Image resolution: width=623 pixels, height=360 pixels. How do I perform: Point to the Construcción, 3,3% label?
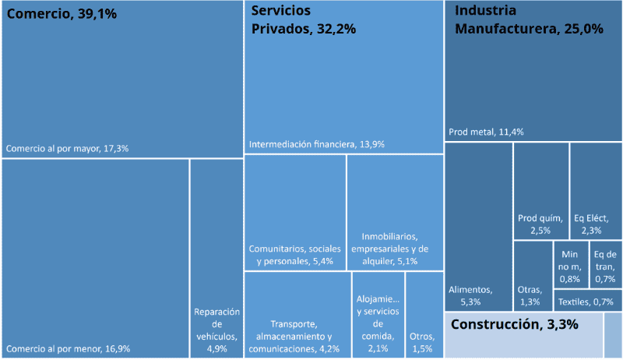coord(514,324)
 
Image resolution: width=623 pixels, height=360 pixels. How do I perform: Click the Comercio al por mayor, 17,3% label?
coord(67,147)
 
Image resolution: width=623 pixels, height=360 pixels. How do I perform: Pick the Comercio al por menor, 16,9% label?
coord(68,348)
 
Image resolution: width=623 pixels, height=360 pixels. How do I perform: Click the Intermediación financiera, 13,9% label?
coord(317,144)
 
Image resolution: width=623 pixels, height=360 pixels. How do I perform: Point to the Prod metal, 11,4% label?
coord(486,132)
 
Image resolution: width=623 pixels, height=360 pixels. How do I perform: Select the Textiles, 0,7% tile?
coord(586,301)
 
